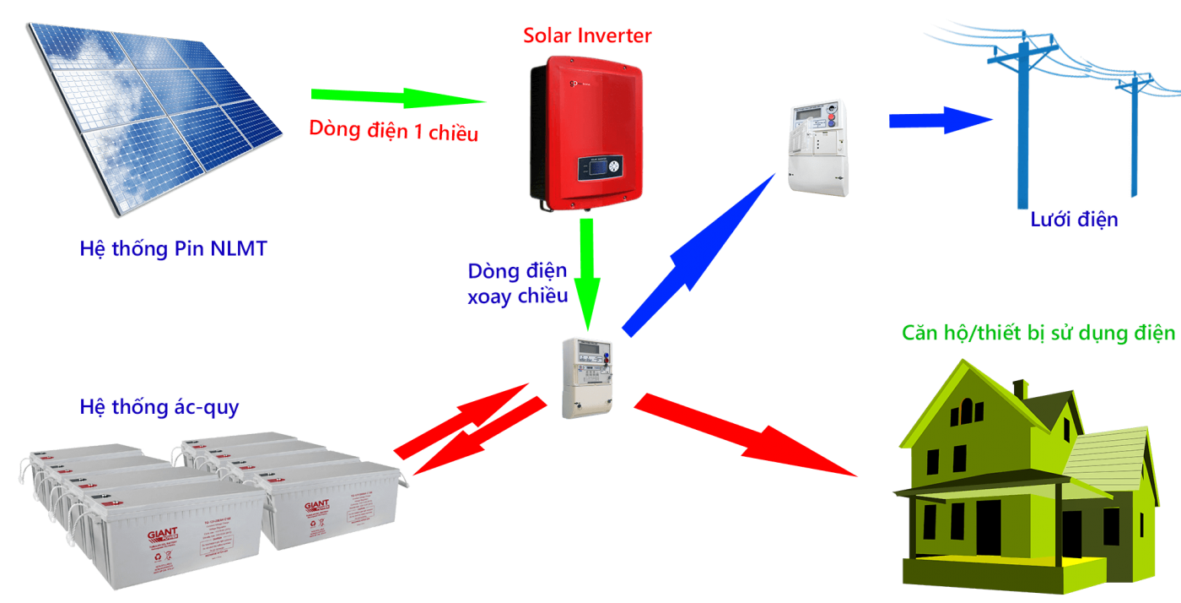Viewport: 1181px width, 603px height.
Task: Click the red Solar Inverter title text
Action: point(587,35)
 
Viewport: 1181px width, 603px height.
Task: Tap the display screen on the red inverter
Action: point(600,168)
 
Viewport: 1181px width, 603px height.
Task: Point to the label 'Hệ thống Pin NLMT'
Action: point(173,249)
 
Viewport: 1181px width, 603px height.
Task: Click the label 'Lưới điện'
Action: point(1074,220)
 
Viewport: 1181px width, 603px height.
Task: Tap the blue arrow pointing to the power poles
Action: point(940,120)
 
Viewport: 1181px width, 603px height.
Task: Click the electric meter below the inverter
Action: point(588,377)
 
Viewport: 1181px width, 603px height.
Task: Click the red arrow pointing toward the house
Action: point(742,436)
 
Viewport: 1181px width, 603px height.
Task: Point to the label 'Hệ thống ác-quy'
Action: point(159,407)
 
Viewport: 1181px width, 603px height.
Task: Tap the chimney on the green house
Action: point(1020,388)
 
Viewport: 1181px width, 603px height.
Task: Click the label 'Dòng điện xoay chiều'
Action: point(518,285)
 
